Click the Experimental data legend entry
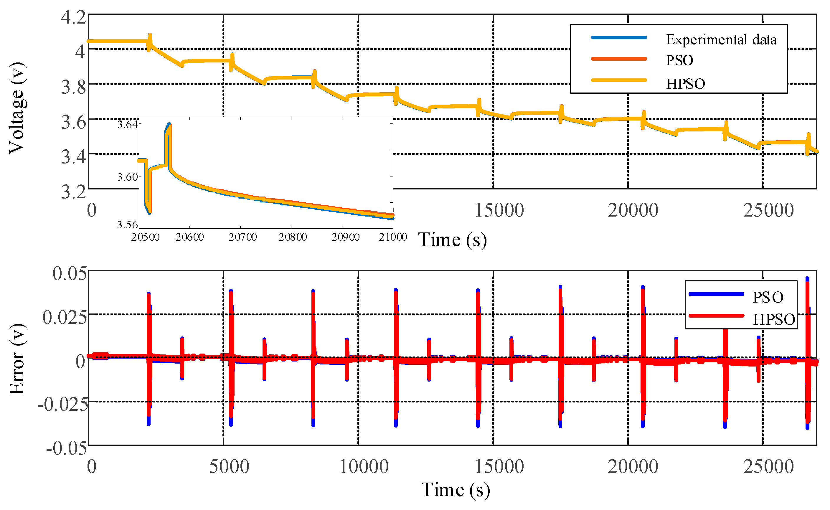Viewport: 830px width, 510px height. (721, 40)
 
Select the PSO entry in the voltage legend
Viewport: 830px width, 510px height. (679, 60)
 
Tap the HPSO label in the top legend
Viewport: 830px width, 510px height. (685, 84)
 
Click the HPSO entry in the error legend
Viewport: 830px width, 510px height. (774, 319)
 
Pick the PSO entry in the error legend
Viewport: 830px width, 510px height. (768, 297)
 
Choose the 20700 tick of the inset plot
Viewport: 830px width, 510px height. (242, 237)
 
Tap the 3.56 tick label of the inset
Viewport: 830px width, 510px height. (127, 225)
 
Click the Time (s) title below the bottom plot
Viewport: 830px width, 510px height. (455, 490)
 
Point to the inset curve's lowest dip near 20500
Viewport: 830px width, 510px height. (149, 212)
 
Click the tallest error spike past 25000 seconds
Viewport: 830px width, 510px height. (807, 279)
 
